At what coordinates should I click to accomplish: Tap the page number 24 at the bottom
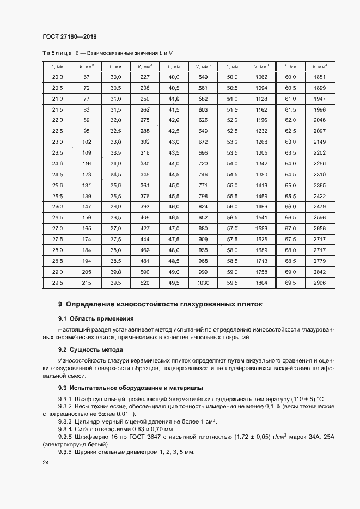click(x=45, y=462)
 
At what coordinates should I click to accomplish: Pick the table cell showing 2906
click(x=319, y=283)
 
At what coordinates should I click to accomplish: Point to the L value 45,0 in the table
click(x=174, y=185)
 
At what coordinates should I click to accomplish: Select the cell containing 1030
click(x=203, y=283)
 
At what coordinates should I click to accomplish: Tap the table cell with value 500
click(x=145, y=272)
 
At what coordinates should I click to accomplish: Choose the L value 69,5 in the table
click(x=290, y=283)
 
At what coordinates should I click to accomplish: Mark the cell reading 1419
click(x=261, y=185)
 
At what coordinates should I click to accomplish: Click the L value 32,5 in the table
click(x=115, y=131)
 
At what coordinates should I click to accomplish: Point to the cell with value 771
click(x=203, y=185)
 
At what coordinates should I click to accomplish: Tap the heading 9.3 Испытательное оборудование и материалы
click(x=130, y=388)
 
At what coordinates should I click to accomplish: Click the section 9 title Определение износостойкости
click(x=160, y=304)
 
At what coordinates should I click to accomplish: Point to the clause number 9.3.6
click(x=65, y=452)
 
